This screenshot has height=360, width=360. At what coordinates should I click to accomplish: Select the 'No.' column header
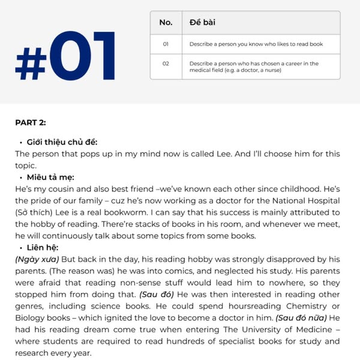(166, 23)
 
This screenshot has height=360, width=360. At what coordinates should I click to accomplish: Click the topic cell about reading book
(256, 44)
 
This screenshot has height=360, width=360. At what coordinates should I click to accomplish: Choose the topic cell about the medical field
(254, 67)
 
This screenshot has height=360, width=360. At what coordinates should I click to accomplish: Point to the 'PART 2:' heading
(31, 123)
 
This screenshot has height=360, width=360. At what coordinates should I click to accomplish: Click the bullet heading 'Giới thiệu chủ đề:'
(62, 142)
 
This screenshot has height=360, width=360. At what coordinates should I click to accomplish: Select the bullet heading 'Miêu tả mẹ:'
(51, 178)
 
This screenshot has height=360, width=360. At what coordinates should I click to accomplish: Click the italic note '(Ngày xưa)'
(37, 259)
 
